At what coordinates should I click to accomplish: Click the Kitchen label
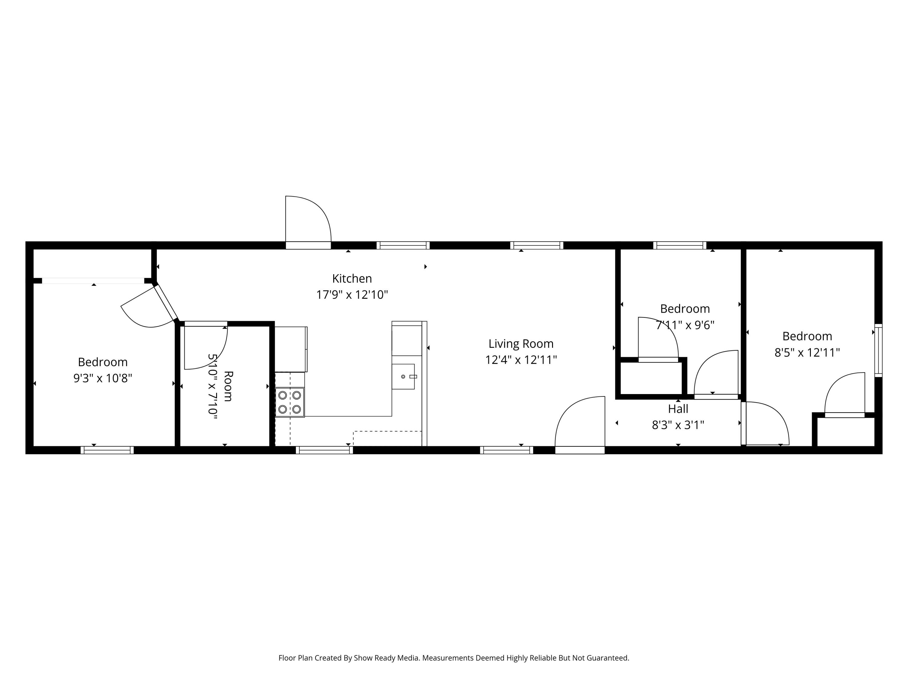click(x=352, y=279)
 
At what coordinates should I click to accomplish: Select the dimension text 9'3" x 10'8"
click(x=103, y=378)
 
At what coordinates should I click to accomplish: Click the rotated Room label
click(x=228, y=386)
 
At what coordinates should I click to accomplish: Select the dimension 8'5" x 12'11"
click(x=807, y=353)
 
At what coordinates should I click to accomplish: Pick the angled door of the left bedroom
click(x=150, y=308)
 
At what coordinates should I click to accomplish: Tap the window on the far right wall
click(x=878, y=350)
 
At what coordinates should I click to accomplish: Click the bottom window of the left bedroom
click(x=107, y=450)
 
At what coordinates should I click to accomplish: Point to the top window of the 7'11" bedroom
click(x=680, y=245)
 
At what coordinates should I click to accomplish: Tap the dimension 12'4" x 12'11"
click(x=521, y=360)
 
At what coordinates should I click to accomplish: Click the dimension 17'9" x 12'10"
click(x=352, y=295)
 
